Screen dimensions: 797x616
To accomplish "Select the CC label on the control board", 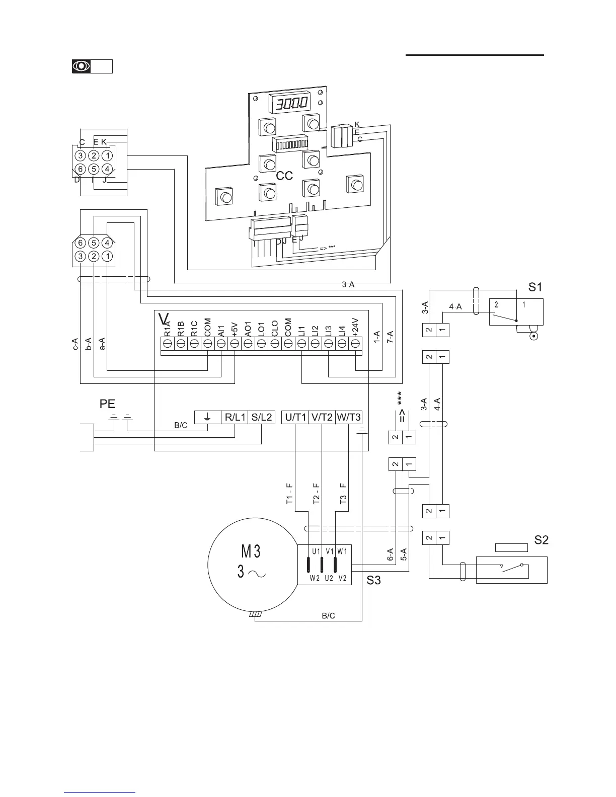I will point(284,176).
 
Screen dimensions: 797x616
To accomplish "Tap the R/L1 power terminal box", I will point(235,417).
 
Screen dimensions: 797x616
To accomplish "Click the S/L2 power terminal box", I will point(262,417).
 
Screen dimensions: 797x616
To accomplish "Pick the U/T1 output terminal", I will point(295,417).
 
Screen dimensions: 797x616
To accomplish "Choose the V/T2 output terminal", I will point(322,417).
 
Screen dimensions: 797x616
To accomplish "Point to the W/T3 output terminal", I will point(349,417).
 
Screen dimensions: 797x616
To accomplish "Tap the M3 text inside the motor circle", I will point(251,552).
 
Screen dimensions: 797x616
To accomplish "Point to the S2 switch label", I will point(541,540).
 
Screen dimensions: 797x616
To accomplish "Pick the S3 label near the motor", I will point(373,581).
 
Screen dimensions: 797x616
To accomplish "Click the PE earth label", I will point(107,404).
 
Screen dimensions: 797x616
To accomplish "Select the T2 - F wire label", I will point(316,494).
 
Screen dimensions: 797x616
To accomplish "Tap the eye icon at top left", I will point(82,66).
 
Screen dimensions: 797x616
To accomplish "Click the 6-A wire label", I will point(390,554).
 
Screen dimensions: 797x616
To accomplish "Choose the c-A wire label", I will point(75,344).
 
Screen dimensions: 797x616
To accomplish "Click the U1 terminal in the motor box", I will point(316,551).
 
